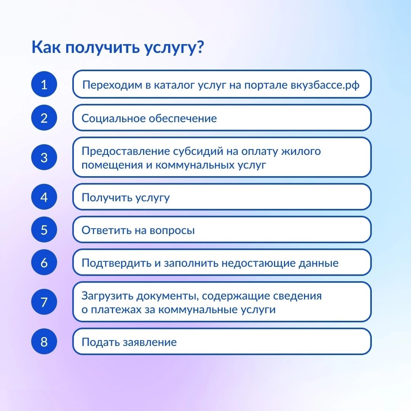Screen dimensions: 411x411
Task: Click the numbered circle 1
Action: click(44, 84)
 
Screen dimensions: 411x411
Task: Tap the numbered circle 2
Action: click(44, 118)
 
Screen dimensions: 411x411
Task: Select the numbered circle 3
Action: click(44, 157)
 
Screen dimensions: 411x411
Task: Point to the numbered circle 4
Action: click(44, 197)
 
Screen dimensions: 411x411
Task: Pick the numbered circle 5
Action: click(44, 229)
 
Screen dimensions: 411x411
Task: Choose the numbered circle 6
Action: click(44, 262)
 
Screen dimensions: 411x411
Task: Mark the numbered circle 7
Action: click(44, 302)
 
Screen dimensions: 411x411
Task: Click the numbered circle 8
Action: click(44, 341)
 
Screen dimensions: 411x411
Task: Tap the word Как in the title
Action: click(46, 47)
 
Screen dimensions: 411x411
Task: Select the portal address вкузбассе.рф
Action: click(325, 85)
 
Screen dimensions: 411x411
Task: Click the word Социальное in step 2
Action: click(113, 118)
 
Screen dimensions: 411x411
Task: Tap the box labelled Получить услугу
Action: click(222, 197)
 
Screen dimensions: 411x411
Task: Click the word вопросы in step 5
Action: click(172, 230)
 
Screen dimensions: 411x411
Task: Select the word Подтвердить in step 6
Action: click(116, 263)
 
